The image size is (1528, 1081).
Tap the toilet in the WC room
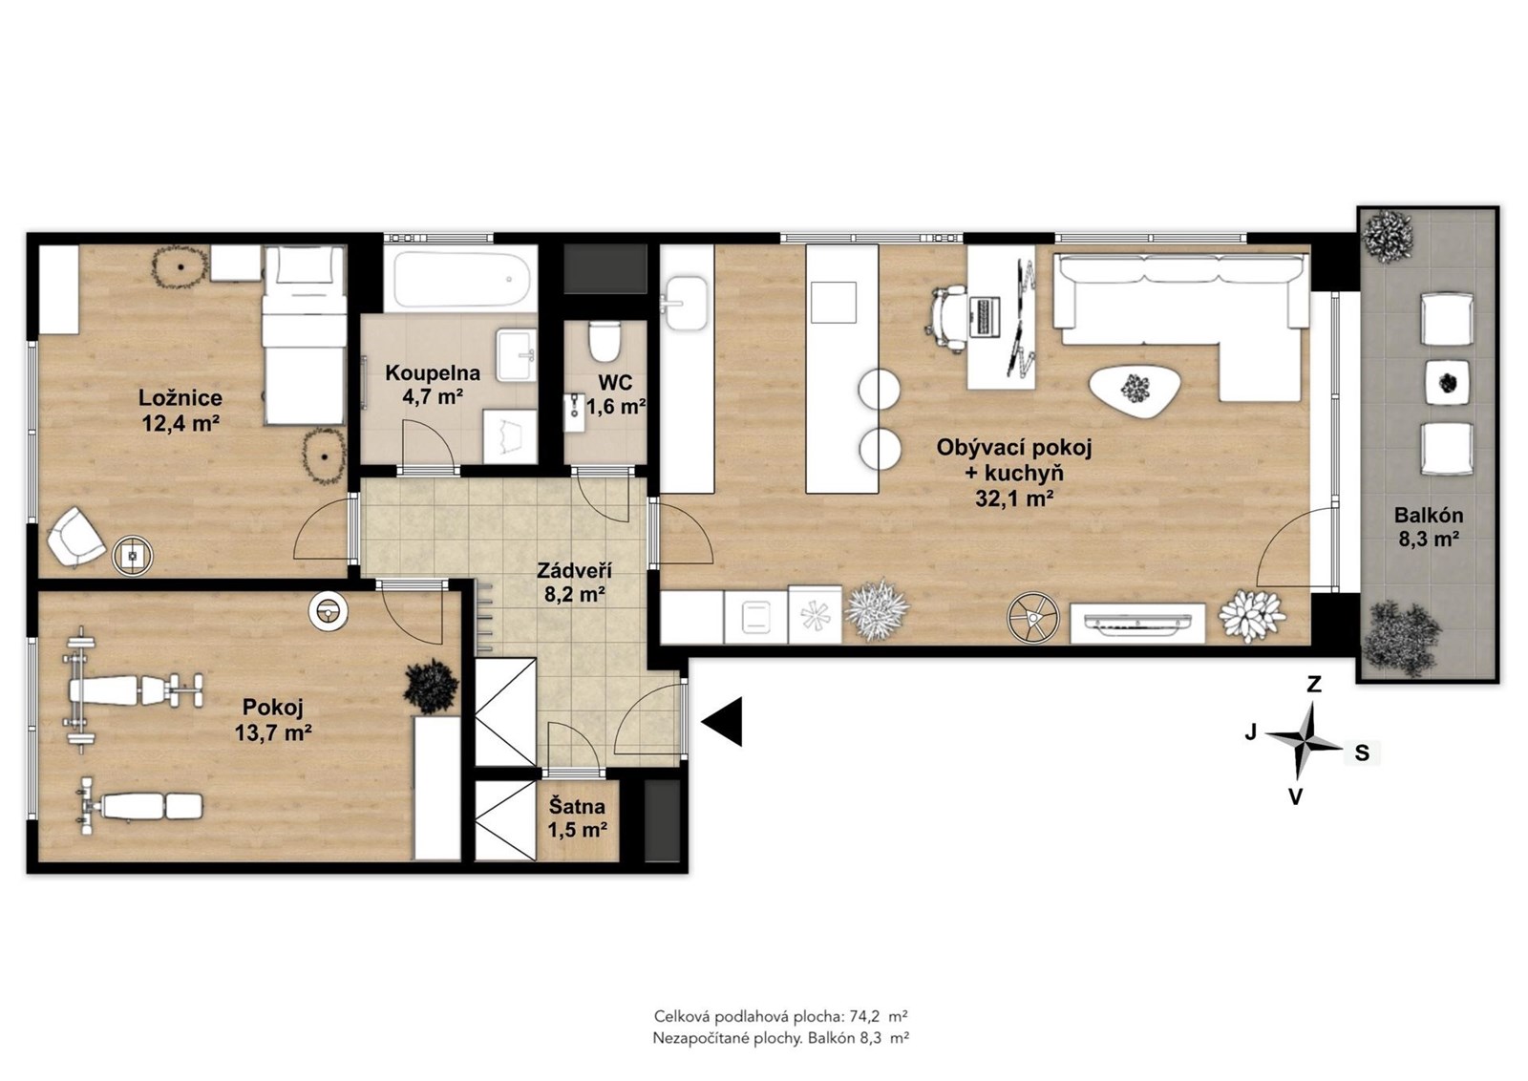(604, 342)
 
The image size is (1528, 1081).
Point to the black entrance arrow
(722, 722)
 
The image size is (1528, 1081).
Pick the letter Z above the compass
(1313, 684)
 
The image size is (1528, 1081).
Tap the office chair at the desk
(947, 319)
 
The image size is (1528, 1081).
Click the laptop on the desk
(985, 317)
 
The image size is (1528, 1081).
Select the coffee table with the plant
(1132, 392)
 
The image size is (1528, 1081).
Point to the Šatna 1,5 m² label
(578, 818)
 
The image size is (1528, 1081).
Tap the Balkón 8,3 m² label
(1429, 526)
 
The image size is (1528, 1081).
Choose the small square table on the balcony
(1448, 383)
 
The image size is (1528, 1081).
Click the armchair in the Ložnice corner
(75, 537)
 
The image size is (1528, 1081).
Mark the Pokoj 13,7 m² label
(273, 720)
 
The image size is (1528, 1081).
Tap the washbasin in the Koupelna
(517, 354)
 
